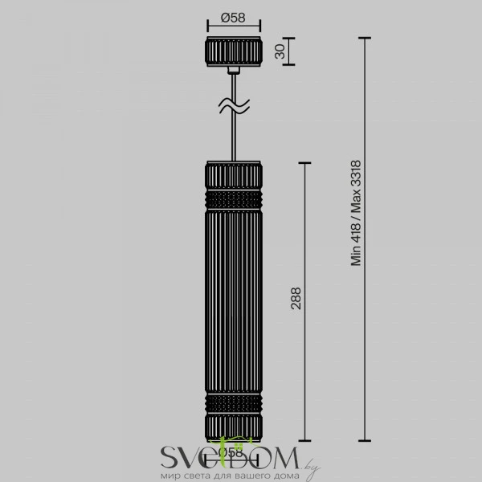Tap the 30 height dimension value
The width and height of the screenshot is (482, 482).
(280, 51)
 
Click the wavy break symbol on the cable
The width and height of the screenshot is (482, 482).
(234, 104)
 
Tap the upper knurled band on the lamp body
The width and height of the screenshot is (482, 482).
(234, 198)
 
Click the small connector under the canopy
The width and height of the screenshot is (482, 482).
(234, 71)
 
